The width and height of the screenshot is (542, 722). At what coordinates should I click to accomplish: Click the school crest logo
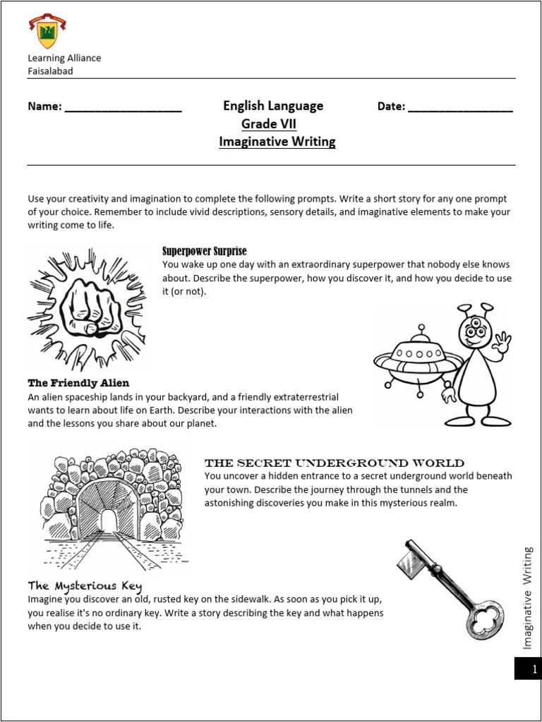pos(47,32)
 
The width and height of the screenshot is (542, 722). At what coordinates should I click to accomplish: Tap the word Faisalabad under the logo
pos(50,71)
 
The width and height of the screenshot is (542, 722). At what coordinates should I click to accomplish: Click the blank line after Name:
pos(123,109)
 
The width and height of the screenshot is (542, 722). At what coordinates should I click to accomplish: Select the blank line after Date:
pos(460,109)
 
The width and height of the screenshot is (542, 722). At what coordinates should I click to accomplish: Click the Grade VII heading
pos(269,124)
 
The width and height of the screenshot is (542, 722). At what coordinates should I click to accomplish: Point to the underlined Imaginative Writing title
pos(277,142)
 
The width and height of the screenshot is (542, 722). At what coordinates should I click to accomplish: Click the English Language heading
pos(273,106)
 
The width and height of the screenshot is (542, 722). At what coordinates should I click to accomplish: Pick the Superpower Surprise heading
pos(205,251)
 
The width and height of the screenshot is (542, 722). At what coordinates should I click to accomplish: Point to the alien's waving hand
pos(502,343)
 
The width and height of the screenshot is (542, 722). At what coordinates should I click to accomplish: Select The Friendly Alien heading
pos(78,384)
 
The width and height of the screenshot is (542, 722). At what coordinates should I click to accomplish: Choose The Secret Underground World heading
pos(334,463)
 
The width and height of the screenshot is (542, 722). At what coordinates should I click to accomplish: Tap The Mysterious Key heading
pos(85,586)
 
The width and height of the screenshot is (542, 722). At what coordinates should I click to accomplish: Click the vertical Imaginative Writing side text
pos(527,598)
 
